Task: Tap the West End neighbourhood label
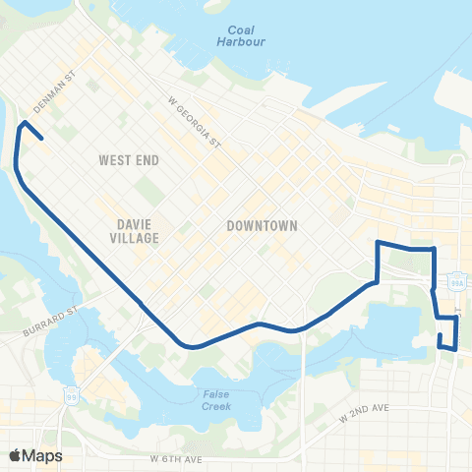[130, 159]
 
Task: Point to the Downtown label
[262, 225]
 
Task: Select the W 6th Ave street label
[177, 459]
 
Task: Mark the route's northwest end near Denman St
[42, 140]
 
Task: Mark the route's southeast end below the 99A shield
[440, 336]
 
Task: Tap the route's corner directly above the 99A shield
[435, 250]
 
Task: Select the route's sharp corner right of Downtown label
[379, 242]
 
